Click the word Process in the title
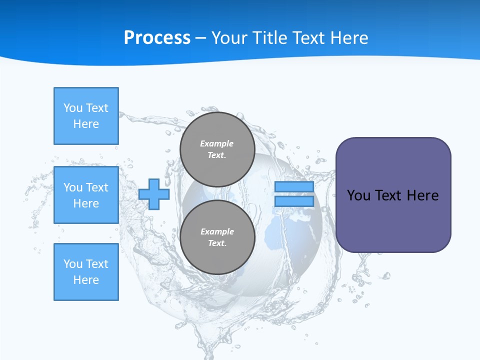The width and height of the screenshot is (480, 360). (157, 38)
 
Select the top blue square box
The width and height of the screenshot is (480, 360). (86, 116)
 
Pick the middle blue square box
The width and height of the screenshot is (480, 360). (86, 195)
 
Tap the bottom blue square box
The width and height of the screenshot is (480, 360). (86, 272)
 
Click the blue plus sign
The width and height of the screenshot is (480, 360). (154, 194)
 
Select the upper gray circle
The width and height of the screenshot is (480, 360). (217, 149)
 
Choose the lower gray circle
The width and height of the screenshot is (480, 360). (217, 237)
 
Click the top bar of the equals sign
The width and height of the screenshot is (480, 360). (294, 187)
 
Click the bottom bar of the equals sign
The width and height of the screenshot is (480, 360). (294, 201)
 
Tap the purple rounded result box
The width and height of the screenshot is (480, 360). (393, 195)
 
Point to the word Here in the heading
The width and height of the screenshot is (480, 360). (348, 38)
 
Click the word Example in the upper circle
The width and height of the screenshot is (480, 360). (216, 143)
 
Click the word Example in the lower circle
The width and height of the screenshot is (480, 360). (217, 231)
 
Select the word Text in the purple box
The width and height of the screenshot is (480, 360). (388, 195)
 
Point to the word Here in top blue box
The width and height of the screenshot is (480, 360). (86, 124)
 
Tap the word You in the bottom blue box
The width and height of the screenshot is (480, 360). (73, 264)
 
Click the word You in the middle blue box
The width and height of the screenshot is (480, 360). (73, 187)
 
